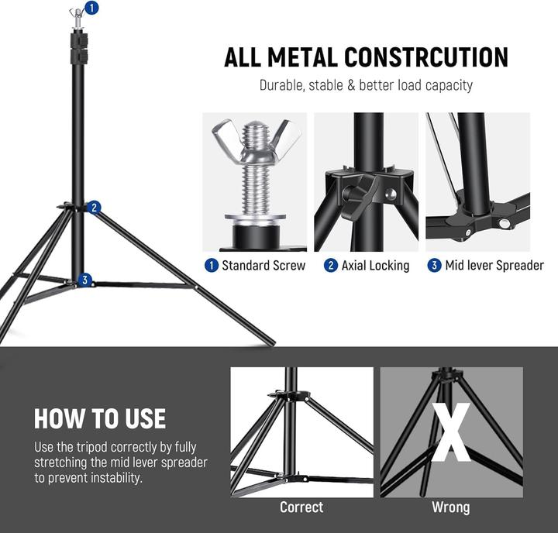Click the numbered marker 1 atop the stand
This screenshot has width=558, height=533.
[92, 9]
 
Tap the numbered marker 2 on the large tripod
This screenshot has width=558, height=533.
[94, 207]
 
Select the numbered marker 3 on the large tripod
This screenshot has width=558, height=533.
[85, 280]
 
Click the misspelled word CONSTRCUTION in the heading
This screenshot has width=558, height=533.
[425, 57]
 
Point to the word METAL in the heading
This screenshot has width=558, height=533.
[299, 57]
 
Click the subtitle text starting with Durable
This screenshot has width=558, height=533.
[366, 85]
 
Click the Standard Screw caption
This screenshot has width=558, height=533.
[263, 266]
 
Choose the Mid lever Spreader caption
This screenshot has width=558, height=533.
[494, 266]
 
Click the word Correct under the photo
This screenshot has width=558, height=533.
[301, 507]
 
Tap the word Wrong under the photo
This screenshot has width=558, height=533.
[450, 507]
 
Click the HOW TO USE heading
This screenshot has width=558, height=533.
[100, 418]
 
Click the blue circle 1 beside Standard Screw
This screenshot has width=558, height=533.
[211, 266]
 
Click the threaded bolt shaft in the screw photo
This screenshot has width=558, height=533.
[256, 182]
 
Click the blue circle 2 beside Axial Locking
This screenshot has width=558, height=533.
[331, 266]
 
